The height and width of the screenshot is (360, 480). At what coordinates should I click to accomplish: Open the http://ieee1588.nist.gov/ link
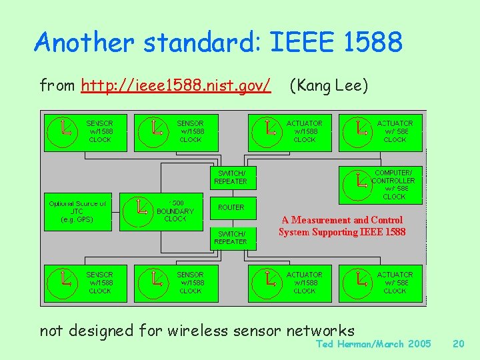175,85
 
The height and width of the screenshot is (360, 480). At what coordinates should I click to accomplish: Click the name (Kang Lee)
327,85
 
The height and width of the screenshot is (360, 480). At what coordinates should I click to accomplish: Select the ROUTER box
231,207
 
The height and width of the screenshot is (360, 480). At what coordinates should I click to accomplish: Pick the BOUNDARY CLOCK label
175,211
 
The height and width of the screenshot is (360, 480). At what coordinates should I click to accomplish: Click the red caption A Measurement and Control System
341,226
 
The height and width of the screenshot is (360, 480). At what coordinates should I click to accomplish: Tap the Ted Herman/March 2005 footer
373,344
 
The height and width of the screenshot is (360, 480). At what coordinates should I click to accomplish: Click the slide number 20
458,344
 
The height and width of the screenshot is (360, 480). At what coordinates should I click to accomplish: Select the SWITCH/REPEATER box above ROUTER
231,177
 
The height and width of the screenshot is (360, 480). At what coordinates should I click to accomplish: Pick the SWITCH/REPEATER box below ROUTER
231,237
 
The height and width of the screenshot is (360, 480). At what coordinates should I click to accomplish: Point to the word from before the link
58,85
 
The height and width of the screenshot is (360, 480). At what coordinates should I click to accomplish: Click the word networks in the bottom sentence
321,330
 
